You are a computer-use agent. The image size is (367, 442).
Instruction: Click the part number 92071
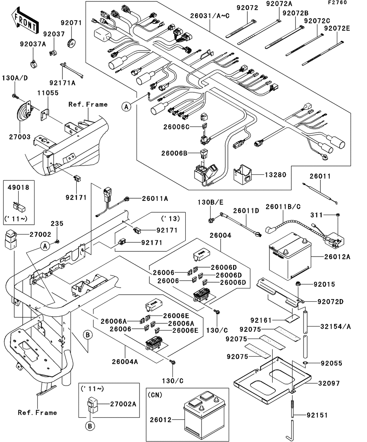click(x=71, y=23)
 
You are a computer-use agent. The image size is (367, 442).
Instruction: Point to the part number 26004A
click(x=125, y=362)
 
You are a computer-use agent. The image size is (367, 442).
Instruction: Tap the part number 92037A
click(x=33, y=44)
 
